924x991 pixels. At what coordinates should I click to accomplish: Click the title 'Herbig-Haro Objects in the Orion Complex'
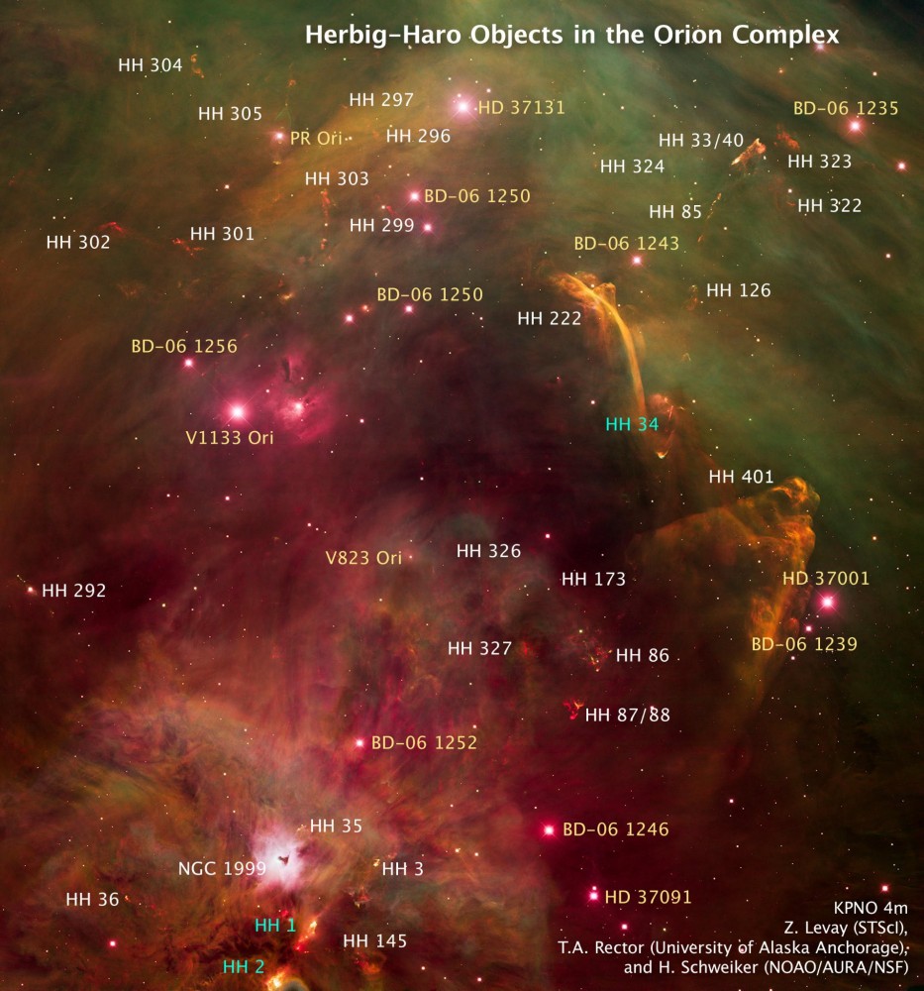point(571,35)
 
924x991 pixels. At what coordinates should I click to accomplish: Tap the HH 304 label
point(150,65)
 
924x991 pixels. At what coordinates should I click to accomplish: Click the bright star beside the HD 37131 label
point(462,106)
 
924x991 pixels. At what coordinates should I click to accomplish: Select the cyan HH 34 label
point(633,424)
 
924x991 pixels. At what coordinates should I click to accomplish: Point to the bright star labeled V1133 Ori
point(237,410)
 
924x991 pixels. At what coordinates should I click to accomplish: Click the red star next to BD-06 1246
point(548,829)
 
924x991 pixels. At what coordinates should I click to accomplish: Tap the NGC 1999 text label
point(222,869)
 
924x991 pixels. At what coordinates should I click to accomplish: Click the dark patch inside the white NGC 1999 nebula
point(287,859)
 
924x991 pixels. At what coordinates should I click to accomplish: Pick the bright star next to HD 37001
point(828,602)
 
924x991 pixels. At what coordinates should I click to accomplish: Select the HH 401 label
point(741,477)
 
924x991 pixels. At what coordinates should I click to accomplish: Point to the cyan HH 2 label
point(244,967)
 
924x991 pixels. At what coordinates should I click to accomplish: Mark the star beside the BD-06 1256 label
point(188,363)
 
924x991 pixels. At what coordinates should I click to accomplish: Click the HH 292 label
point(74,591)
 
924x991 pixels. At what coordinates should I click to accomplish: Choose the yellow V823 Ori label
point(363,557)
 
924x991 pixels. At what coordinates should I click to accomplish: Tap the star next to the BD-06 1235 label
point(856,126)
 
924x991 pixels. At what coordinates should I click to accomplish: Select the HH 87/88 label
point(628,714)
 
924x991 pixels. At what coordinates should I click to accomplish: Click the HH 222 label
point(550,318)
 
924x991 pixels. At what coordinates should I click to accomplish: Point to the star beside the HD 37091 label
point(593,896)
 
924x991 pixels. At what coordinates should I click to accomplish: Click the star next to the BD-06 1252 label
point(359,742)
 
